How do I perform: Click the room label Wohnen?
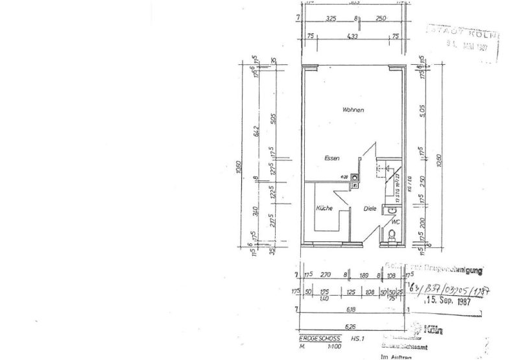pyautogui.click(x=353, y=110)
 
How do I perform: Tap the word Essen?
pyautogui.click(x=332, y=158)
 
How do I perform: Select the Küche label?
pyautogui.click(x=324, y=208)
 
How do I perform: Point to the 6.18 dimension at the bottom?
pyautogui.click(x=353, y=310)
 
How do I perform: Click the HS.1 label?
pyautogui.click(x=357, y=339)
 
